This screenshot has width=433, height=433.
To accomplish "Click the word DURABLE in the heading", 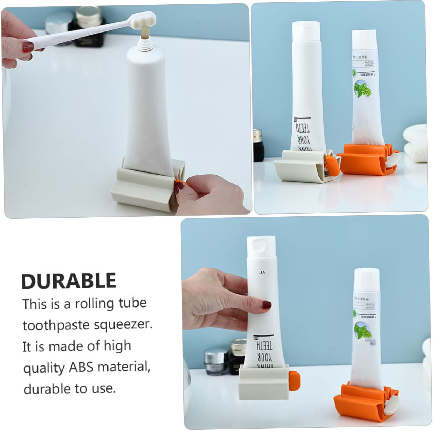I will click(x=69, y=281).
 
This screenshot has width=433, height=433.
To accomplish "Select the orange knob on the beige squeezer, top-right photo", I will click(x=332, y=165).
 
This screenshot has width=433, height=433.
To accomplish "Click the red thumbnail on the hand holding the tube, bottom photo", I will click(x=266, y=305).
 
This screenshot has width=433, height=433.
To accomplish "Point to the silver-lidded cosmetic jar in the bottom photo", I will click(x=216, y=361).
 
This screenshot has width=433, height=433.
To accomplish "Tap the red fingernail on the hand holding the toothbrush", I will click(x=28, y=46).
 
